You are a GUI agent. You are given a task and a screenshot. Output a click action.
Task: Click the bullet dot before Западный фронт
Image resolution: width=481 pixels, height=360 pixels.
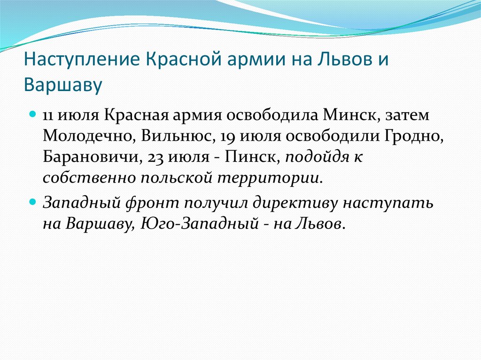(x=33, y=203)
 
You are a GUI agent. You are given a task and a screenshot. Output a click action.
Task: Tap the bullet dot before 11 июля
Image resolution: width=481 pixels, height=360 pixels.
(x=33, y=115)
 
